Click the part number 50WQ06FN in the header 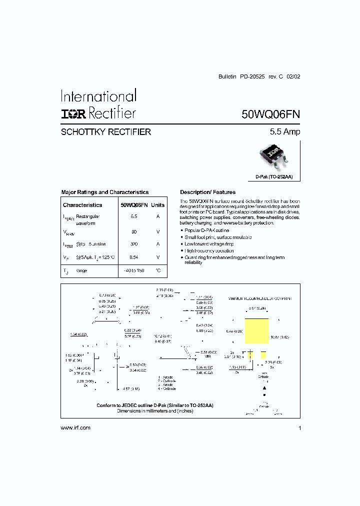pyautogui.click(x=270, y=114)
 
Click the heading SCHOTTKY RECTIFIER pyautogui.click(x=105, y=132)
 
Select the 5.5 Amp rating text pyautogui.click(x=285, y=132)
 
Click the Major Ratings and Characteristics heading pyautogui.click(x=104, y=192)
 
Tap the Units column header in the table pyautogui.click(x=158, y=205)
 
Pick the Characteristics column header pyautogui.click(x=82, y=205)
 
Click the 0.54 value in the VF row pyautogui.click(x=134, y=257)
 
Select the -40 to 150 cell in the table pyautogui.click(x=134, y=270)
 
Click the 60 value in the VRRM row pyautogui.click(x=134, y=232)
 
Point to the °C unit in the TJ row pyautogui.click(x=158, y=270)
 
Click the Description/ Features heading pyautogui.click(x=207, y=192)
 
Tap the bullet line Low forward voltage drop pyautogui.click(x=209, y=244)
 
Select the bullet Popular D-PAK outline pyautogui.click(x=207, y=230)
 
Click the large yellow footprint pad pyautogui.click(x=256, y=331)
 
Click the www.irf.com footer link pyautogui.click(x=75, y=427)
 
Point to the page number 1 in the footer pyautogui.click(x=299, y=428)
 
